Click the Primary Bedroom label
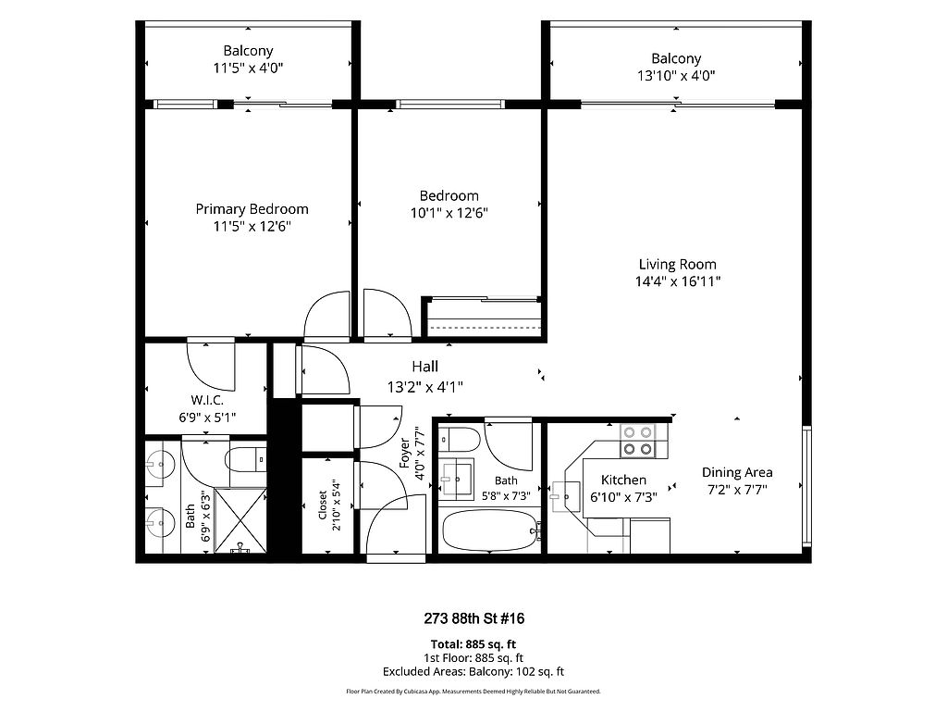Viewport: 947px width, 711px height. [x=252, y=209]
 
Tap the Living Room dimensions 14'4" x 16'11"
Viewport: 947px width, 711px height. [x=678, y=281]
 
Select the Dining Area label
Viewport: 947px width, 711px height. [x=737, y=472]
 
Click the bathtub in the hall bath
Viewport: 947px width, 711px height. [x=489, y=530]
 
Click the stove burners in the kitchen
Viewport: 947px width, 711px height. [x=638, y=441]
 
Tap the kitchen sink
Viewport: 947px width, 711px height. [x=566, y=496]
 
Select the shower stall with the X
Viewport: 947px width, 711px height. [x=240, y=520]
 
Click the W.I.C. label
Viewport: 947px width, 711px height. [x=207, y=400]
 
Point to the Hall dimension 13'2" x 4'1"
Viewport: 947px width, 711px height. [x=425, y=387]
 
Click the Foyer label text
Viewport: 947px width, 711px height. [x=405, y=453]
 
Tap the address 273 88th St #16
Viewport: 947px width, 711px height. [x=474, y=618]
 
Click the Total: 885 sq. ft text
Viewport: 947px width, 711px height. [x=473, y=644]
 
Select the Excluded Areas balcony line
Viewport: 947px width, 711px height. [x=473, y=672]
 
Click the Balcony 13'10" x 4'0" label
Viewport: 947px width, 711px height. [x=676, y=67]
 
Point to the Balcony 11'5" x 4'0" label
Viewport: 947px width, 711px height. [x=248, y=59]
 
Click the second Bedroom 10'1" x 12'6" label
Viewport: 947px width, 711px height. [x=449, y=205]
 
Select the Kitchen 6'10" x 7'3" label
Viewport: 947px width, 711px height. [x=623, y=489]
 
